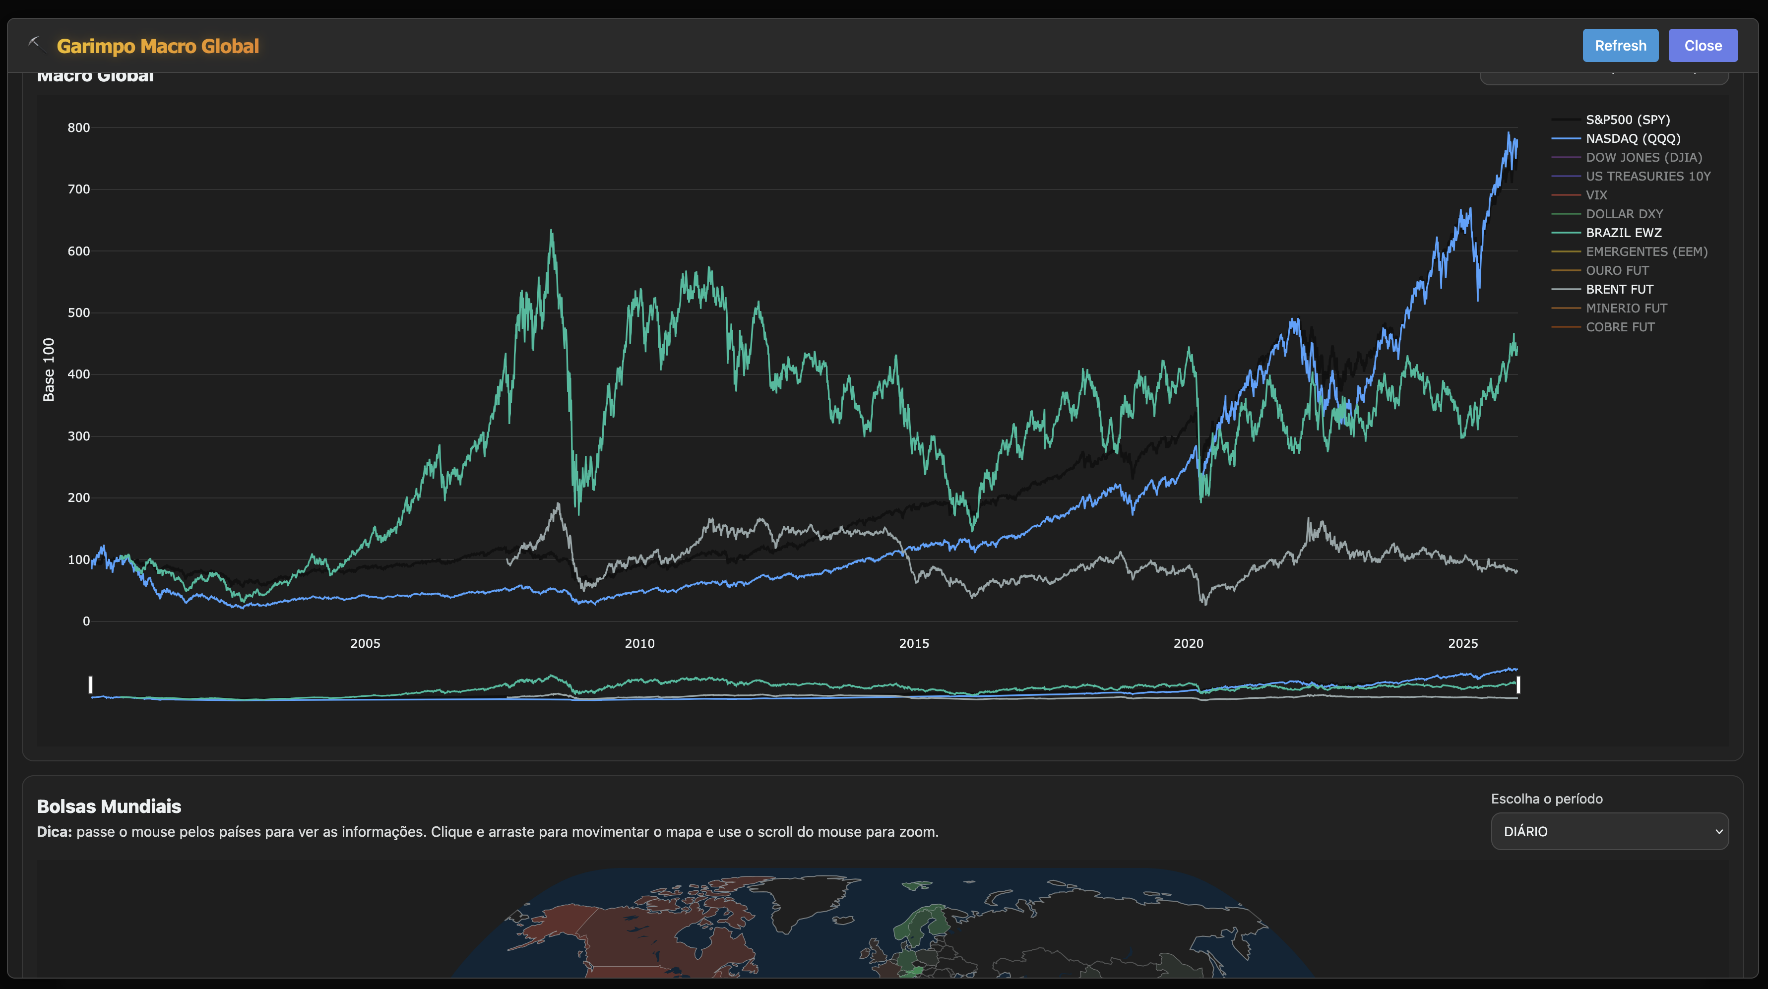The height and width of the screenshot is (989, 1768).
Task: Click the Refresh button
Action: [x=1620, y=45]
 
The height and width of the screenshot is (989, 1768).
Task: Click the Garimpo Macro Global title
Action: [x=158, y=46]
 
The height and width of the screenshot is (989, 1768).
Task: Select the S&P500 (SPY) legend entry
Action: [x=1627, y=120]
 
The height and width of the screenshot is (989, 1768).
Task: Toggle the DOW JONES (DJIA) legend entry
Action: [x=1643, y=157]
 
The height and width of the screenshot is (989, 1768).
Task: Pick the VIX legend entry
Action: [x=1596, y=195]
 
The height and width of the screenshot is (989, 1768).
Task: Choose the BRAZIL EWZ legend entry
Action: [x=1623, y=233]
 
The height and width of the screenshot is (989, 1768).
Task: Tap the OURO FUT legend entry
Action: [x=1616, y=270]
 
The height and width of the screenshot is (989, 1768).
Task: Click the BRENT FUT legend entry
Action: [x=1619, y=289]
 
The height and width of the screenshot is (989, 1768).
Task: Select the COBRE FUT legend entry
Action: [x=1620, y=327]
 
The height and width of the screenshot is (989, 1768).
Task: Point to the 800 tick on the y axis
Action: [x=79, y=127]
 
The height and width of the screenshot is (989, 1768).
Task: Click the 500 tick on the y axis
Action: [x=79, y=313]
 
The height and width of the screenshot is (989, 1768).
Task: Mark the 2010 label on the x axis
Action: [x=639, y=643]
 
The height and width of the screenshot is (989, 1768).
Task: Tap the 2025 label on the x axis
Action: [x=1462, y=643]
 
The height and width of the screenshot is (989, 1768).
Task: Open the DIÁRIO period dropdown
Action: [x=1609, y=831]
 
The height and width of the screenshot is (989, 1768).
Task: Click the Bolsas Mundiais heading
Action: [x=109, y=806]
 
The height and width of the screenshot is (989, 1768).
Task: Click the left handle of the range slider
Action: [x=91, y=684]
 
